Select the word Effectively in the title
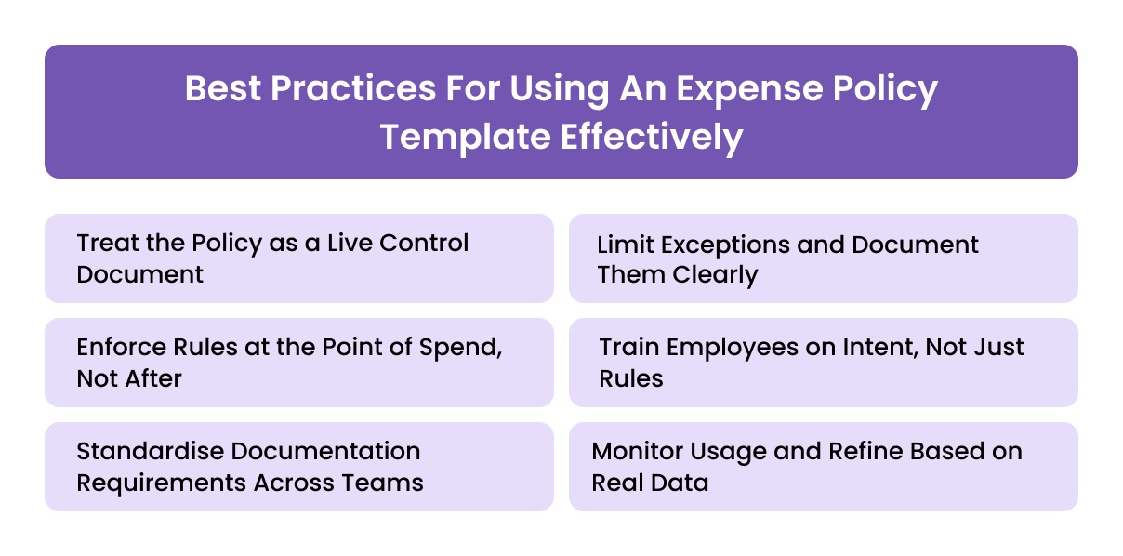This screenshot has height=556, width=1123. pyautogui.click(x=651, y=137)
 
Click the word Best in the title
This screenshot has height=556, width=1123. pyautogui.click(x=221, y=90)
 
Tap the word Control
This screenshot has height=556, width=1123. pyautogui.click(x=425, y=244)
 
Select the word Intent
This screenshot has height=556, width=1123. pyautogui.click(x=868, y=348)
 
